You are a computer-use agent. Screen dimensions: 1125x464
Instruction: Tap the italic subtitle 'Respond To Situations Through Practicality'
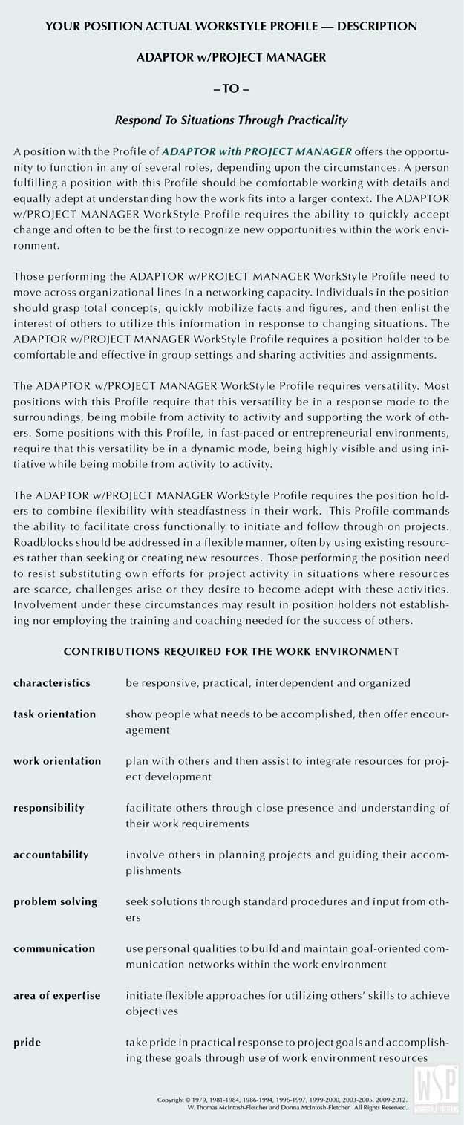pyautogui.click(x=232, y=119)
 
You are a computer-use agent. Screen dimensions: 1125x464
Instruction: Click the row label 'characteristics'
pyautogui.click(x=52, y=682)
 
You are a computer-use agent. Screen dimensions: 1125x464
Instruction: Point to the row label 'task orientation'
pyautogui.click(x=54, y=714)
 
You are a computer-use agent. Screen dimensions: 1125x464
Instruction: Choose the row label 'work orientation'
pyautogui.click(x=57, y=760)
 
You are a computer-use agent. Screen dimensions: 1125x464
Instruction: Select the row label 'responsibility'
pyautogui.click(x=49, y=807)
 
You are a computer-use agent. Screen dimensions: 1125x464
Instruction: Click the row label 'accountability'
pyautogui.click(x=50, y=855)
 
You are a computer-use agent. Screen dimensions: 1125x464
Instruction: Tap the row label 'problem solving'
pyautogui.click(x=55, y=901)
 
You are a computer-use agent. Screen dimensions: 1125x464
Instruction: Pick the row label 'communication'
pyautogui.click(x=54, y=948)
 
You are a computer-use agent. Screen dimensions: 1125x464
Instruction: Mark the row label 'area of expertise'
pyautogui.click(x=56, y=995)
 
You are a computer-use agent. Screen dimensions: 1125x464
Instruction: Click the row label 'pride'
pyautogui.click(x=27, y=1042)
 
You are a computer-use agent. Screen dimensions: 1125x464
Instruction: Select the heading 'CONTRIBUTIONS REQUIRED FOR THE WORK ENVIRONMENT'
pyautogui.click(x=232, y=651)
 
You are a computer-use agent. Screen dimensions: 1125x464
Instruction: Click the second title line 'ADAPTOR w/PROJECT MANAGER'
pyautogui.click(x=232, y=56)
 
